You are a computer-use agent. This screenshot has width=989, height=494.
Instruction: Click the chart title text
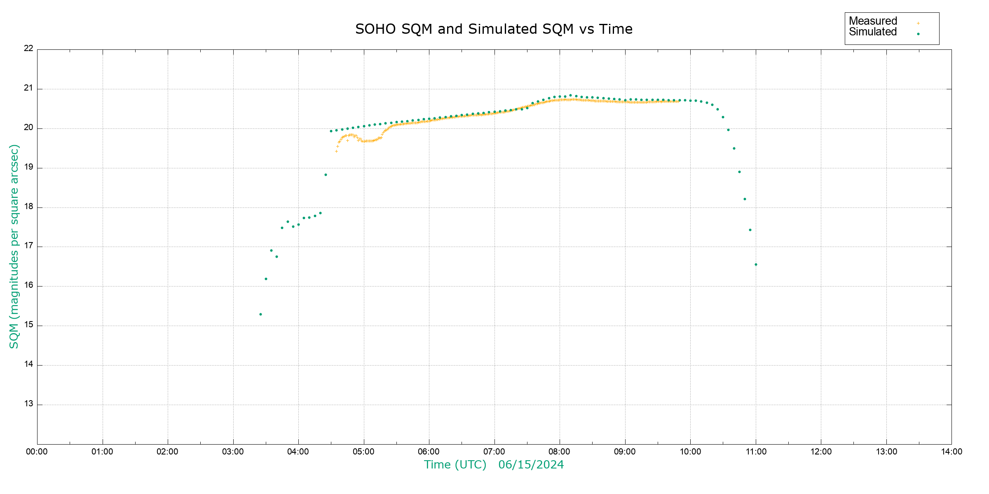coord(494,29)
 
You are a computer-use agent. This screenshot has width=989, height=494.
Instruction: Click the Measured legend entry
coord(873,21)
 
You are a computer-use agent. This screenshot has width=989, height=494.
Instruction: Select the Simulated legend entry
coord(873,32)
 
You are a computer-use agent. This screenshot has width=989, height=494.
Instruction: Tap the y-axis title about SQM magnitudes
coord(14,246)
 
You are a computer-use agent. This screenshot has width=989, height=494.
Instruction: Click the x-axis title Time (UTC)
coord(455,465)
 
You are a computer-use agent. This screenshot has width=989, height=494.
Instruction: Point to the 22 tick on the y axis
coord(28,48)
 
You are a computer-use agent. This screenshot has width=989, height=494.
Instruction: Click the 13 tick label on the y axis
coord(28,404)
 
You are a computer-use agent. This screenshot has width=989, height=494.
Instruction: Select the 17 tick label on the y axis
coord(28,246)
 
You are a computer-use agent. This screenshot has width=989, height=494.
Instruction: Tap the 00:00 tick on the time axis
coord(37,452)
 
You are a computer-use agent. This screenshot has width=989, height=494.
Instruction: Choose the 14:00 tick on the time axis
coord(952,452)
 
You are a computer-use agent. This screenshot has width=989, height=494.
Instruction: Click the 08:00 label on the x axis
coord(559,452)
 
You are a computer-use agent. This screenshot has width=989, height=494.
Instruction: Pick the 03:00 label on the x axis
coord(233,452)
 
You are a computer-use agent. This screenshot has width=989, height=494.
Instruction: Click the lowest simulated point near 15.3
coord(260,315)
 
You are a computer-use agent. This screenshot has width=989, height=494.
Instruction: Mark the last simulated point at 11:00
coord(756,265)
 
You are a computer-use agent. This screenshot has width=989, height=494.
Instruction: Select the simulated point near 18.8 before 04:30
coord(326,175)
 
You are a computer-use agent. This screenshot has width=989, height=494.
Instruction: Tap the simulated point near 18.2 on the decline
coord(745,199)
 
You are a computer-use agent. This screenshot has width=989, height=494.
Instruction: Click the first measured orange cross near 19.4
coord(336,151)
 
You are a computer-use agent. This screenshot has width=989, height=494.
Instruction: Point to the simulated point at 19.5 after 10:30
coord(734,149)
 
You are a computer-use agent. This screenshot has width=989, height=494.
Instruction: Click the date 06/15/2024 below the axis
coord(531,465)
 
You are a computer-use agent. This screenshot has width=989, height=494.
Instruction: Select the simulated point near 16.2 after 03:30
coord(266,279)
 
